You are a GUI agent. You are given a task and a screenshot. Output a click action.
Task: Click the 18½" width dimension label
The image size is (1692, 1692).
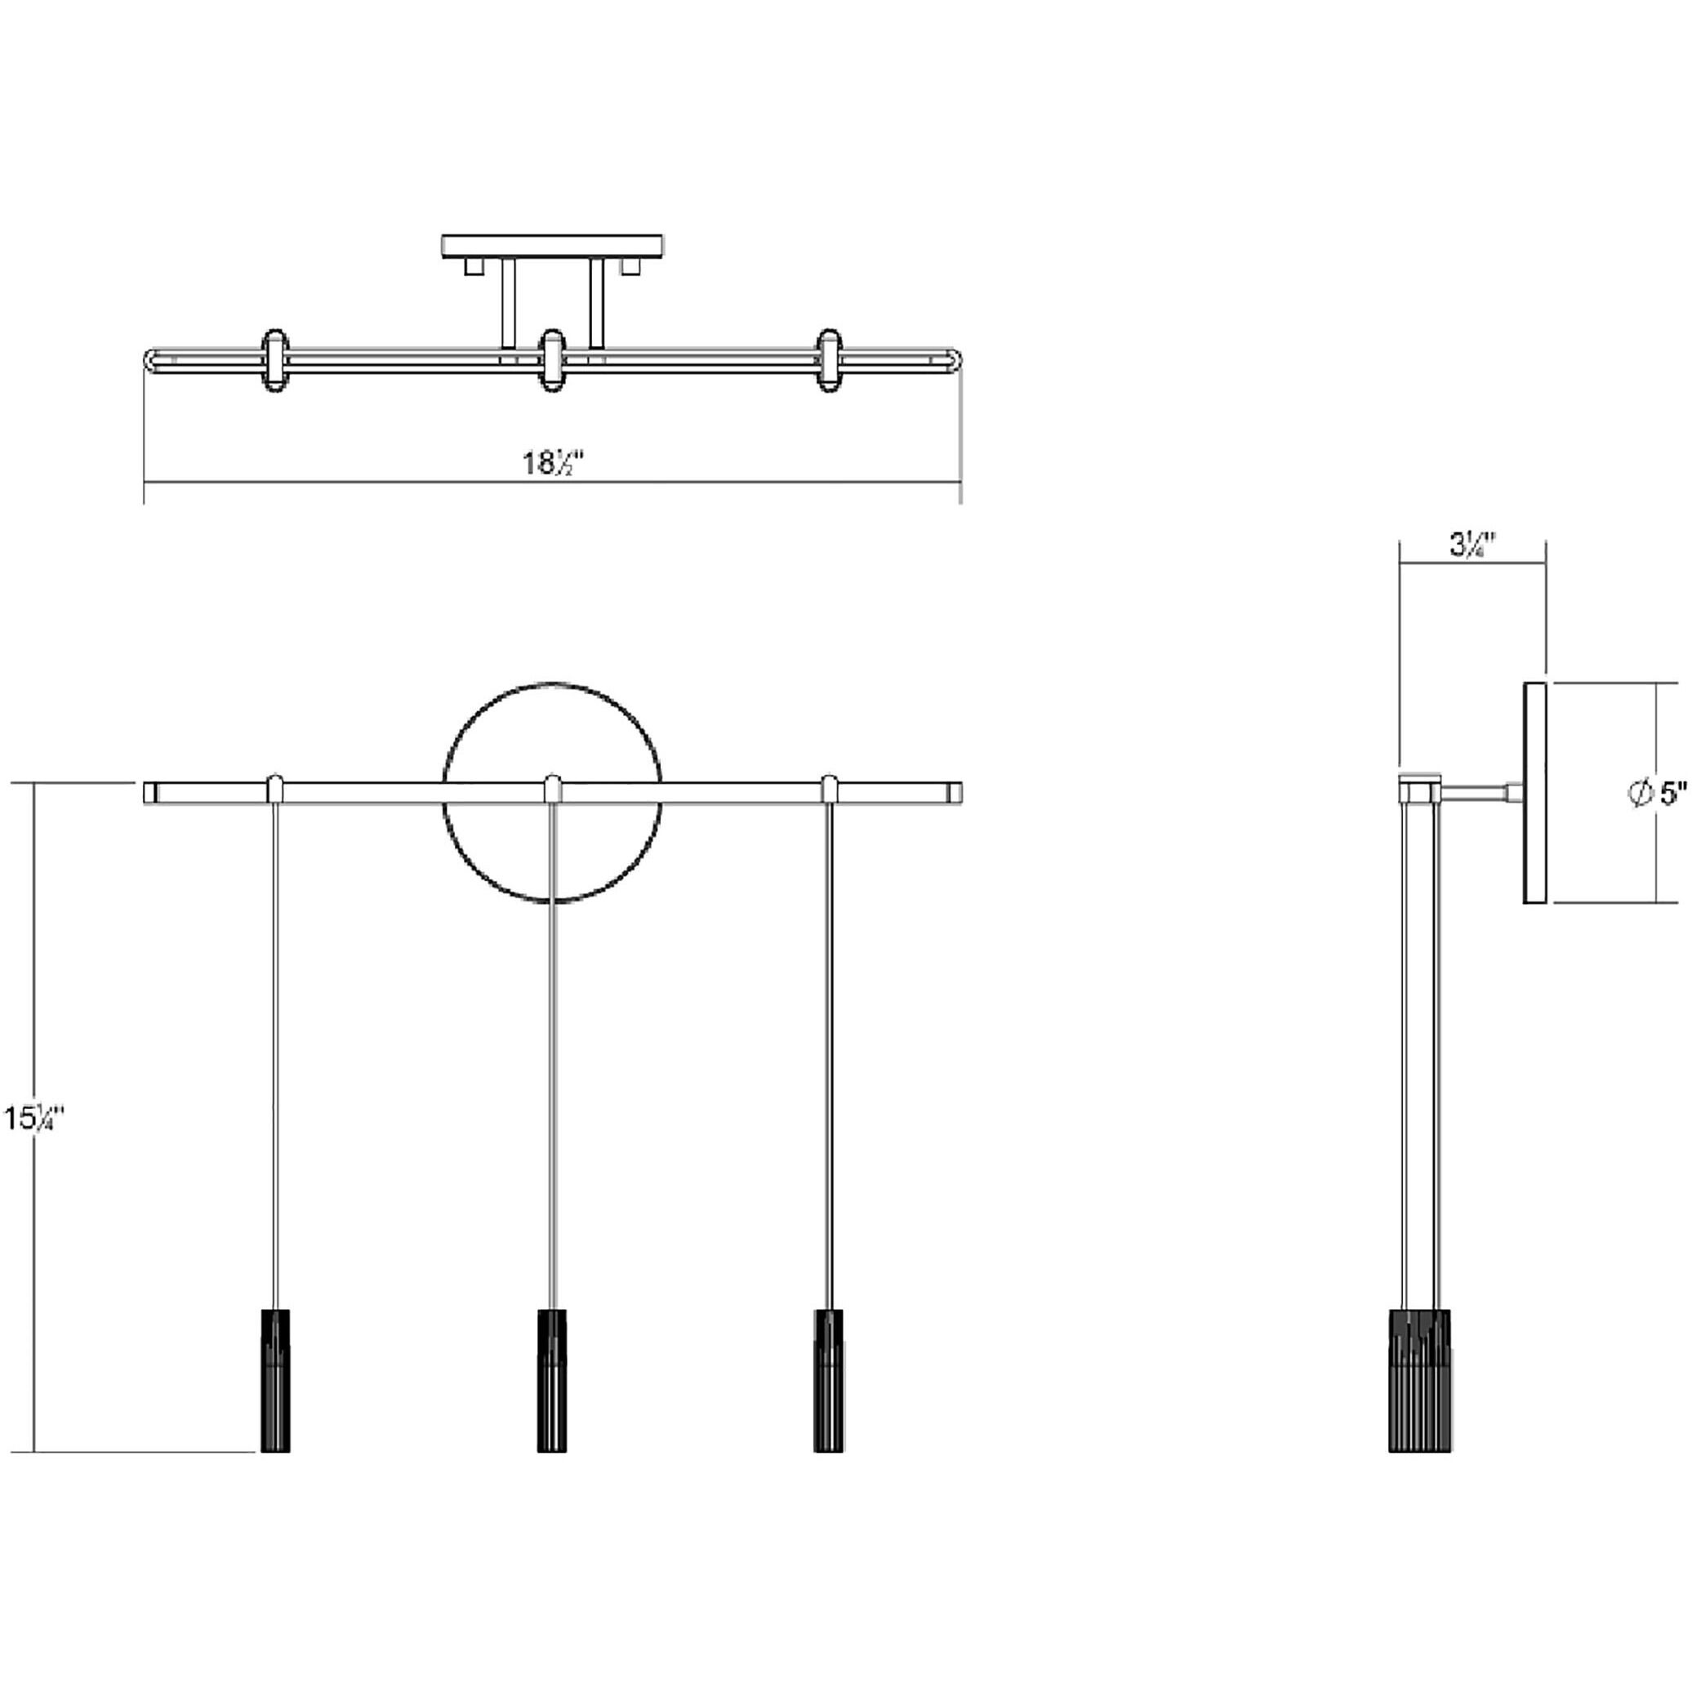coord(554,462)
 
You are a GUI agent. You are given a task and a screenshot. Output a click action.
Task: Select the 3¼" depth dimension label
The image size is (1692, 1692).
coord(1472,545)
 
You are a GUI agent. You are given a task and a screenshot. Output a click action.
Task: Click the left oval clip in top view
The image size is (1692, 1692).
coord(275,359)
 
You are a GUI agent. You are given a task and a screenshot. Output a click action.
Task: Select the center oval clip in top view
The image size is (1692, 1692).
coord(552,359)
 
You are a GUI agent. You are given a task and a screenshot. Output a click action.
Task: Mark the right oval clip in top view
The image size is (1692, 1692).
coord(830,359)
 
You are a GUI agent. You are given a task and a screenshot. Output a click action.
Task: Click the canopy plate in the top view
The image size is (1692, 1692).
coord(552,245)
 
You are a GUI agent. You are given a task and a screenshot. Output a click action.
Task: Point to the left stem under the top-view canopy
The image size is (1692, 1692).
coord(508,302)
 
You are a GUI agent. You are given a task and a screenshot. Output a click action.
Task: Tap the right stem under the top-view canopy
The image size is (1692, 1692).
coord(597,302)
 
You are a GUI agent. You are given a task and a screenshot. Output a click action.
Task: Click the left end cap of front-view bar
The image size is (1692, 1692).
coord(149,793)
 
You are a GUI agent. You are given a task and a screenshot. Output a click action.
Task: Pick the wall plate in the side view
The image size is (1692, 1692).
coord(1534,793)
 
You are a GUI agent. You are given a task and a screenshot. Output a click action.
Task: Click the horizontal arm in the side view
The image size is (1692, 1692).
coord(1475,793)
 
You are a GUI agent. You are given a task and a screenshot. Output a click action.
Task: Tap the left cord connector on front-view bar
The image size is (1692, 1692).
coord(275,788)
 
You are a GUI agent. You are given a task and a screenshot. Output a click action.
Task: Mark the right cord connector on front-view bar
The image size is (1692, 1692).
coord(830,788)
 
